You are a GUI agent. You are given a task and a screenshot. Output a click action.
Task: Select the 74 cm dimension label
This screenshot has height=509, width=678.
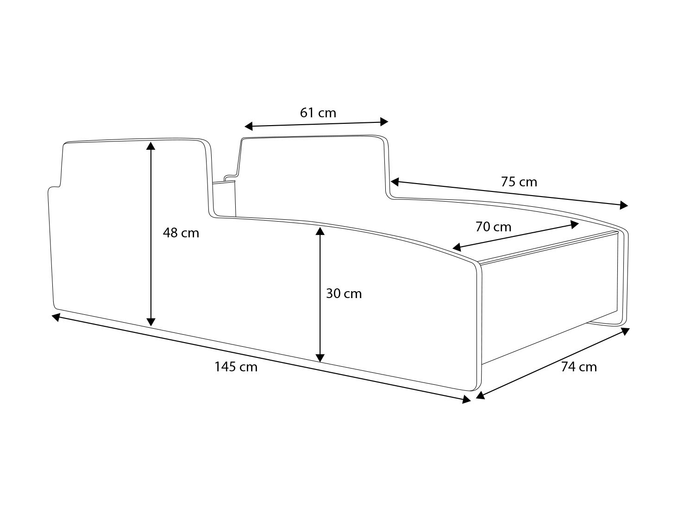tap(579, 367)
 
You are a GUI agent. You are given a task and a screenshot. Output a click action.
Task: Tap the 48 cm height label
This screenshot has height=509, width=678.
tap(181, 233)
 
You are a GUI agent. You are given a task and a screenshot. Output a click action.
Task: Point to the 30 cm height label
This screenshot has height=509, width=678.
tap(344, 293)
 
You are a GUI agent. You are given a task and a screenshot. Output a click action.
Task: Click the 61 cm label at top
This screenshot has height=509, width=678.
tap(318, 113)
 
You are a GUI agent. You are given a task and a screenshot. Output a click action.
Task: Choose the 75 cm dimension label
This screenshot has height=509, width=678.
tap(519, 182)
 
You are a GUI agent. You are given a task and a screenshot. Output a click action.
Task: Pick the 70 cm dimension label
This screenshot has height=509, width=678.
tap(493, 227)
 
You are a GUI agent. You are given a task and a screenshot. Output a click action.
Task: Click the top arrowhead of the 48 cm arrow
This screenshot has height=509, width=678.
tap(151, 146)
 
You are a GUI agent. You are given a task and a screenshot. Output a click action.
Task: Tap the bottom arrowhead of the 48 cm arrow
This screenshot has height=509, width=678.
tap(151, 322)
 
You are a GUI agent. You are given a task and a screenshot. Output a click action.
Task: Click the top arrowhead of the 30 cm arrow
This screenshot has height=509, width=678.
tap(320, 230)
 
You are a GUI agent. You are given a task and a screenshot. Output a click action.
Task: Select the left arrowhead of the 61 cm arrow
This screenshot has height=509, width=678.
tap(249, 126)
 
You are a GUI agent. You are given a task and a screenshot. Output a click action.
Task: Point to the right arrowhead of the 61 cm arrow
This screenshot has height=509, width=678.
tap(384, 121)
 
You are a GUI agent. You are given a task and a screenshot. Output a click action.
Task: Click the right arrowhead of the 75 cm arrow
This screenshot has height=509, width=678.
tap(624, 205)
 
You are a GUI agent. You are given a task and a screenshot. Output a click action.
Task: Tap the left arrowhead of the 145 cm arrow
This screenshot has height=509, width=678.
tap(56, 317)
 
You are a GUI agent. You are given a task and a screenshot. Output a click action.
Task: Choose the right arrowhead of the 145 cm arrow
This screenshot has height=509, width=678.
tap(467, 399)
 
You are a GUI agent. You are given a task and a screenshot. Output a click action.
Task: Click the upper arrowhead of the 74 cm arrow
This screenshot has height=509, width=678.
tap(625, 331)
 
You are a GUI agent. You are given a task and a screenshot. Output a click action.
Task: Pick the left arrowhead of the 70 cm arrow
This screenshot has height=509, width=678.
tap(457, 248)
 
